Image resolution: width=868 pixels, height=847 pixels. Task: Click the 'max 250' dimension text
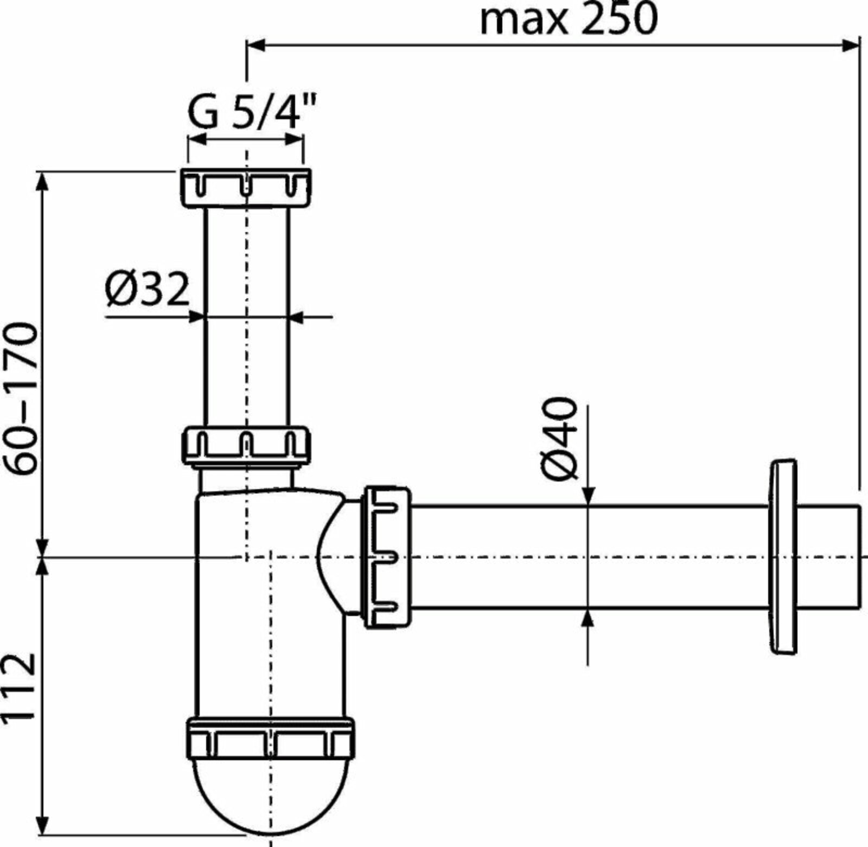[x=568, y=20]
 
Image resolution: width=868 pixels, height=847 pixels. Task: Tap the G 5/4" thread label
[x=252, y=111]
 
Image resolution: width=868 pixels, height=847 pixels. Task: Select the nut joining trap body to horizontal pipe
[x=387, y=557]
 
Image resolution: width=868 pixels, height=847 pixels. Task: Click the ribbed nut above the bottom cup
[x=271, y=738]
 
